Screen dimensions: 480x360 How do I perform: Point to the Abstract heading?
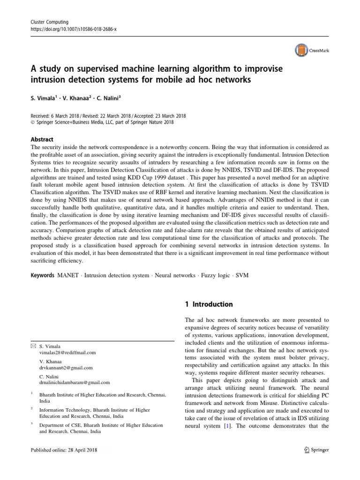[42, 139]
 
